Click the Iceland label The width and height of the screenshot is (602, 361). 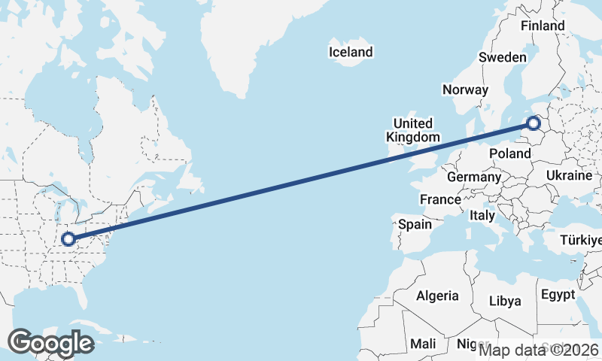[x=351, y=52]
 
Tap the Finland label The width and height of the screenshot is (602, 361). [x=542, y=26]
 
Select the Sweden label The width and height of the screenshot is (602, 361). [x=502, y=57]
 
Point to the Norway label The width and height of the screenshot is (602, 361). [x=465, y=89]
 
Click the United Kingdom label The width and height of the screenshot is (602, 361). [x=412, y=130]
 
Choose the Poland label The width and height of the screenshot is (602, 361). [x=510, y=153]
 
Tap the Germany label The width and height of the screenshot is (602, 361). [x=473, y=177]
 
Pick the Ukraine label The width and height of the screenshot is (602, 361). [x=570, y=175]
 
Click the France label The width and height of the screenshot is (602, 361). [x=440, y=200]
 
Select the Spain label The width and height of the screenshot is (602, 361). [x=415, y=224]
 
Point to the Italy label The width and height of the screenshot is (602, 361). [x=482, y=215]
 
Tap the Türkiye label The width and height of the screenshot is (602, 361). [x=581, y=241]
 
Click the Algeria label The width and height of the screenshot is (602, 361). [x=438, y=295]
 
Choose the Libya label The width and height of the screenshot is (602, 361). [x=505, y=301]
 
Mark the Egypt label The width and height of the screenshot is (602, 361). [x=558, y=294]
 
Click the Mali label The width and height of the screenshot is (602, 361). [x=423, y=344]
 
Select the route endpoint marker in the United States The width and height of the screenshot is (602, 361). [x=68, y=239]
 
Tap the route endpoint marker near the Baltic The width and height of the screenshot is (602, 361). [x=534, y=123]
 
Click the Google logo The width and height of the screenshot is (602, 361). [x=50, y=343]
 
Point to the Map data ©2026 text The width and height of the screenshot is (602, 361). [x=539, y=350]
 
